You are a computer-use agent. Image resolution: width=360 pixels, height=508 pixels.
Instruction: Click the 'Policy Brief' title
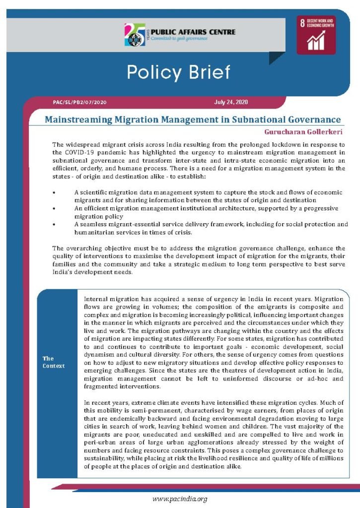click(x=178, y=72)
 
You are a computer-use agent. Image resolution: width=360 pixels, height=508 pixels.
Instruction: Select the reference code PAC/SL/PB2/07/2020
click(x=79, y=102)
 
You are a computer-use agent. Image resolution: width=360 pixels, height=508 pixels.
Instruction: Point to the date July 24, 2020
click(x=231, y=102)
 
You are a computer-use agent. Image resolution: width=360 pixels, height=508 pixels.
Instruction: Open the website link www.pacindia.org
click(x=180, y=499)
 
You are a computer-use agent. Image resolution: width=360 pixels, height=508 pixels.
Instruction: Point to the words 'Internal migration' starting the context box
click(x=109, y=300)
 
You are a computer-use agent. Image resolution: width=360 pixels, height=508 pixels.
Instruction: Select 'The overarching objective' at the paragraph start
click(x=89, y=248)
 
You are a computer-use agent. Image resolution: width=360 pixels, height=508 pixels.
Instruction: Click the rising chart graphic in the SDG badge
click(x=316, y=42)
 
